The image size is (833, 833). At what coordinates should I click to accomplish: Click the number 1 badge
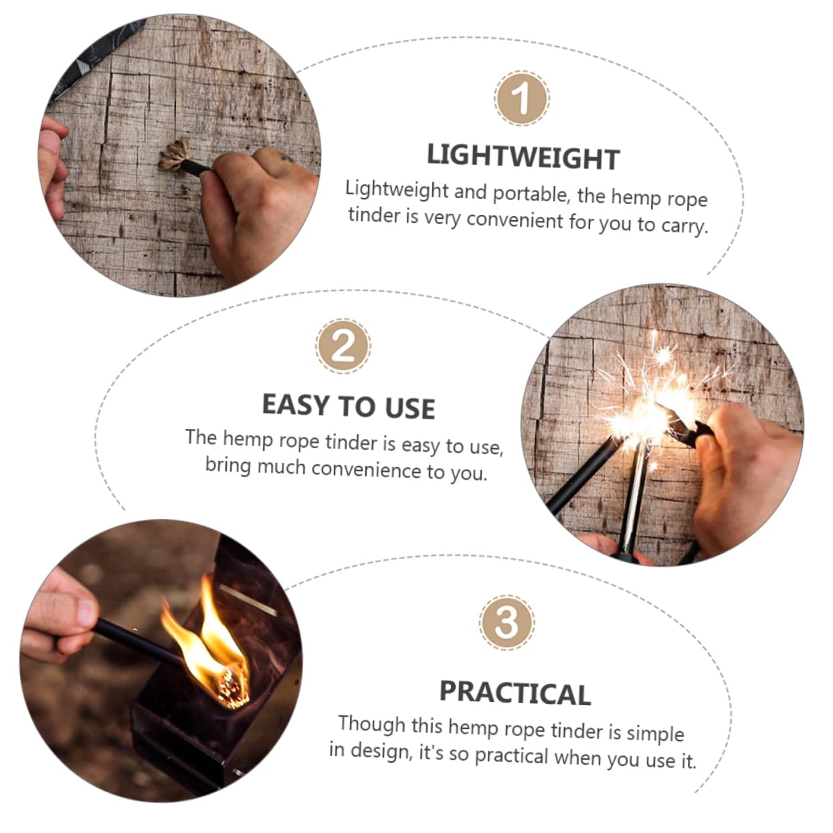tap(521, 99)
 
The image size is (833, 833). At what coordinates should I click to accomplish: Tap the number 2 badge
tap(343, 346)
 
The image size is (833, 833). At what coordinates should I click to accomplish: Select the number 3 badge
tap(506, 622)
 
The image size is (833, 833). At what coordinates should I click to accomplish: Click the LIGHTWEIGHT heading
tap(523, 157)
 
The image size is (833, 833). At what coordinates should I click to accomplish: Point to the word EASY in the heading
tap(295, 405)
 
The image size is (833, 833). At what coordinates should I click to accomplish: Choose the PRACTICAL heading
tap(515, 692)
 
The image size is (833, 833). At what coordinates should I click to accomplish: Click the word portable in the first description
tap(529, 194)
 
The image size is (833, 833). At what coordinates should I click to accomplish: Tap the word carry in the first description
tap(683, 225)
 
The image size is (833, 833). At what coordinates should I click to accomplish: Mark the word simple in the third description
tap(655, 733)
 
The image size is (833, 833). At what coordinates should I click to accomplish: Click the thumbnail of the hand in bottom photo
tap(86, 610)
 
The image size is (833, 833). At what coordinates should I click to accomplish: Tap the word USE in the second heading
tap(409, 408)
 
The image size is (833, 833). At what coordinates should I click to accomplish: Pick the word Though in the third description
tap(371, 723)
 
